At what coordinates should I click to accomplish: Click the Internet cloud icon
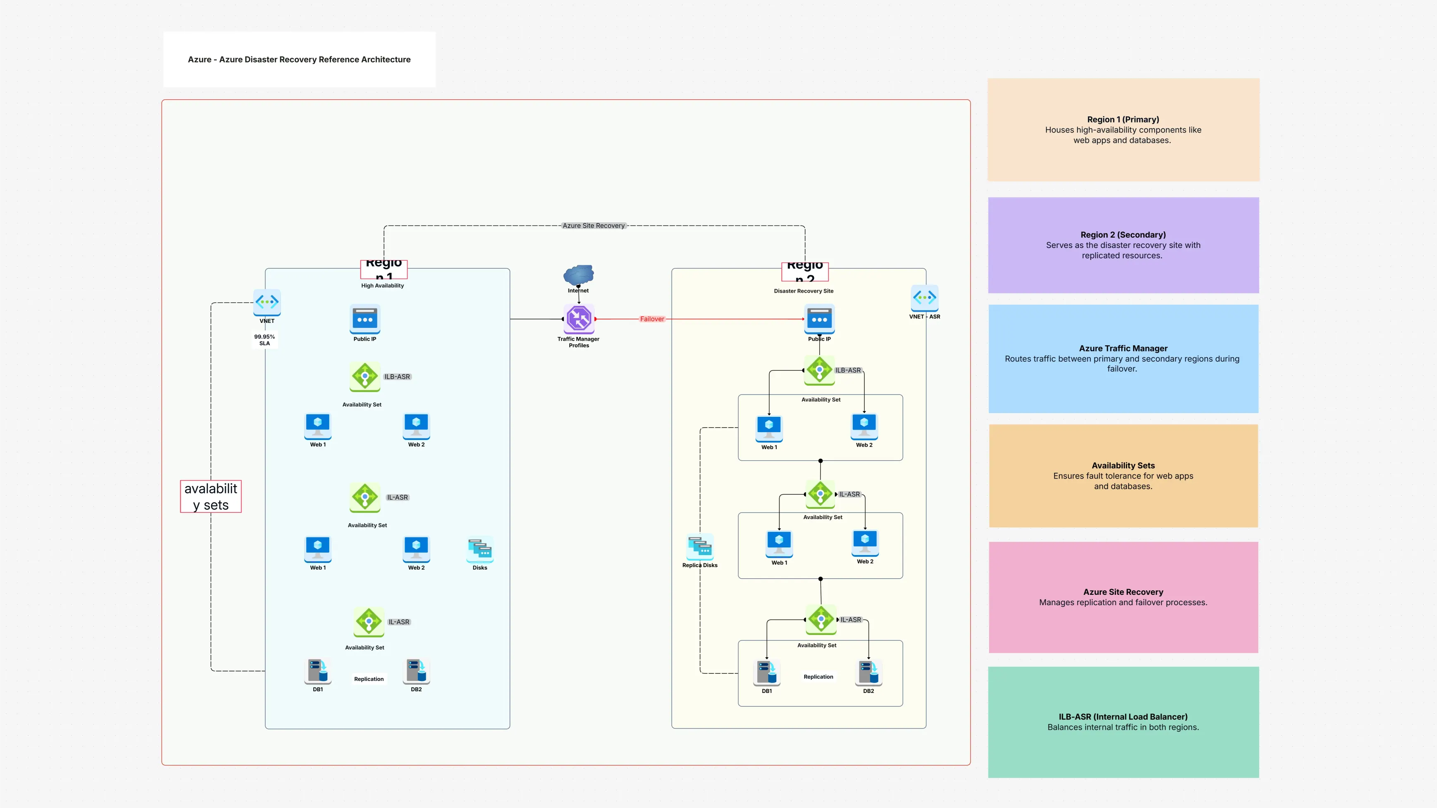coord(578,274)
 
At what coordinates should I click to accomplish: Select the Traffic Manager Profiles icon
coord(578,319)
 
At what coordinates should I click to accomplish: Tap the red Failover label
coord(652,319)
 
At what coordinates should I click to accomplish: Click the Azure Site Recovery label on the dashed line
coord(593,226)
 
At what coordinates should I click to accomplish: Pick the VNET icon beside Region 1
coord(266,302)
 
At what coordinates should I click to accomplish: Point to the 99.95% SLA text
coord(264,340)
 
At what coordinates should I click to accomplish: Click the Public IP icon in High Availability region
coord(365,319)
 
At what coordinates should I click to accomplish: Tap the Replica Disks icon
coord(700,546)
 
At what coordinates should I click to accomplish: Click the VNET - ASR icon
coord(924,298)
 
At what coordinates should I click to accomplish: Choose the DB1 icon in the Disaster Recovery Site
coord(766,672)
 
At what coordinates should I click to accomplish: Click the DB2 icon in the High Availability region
coord(416,670)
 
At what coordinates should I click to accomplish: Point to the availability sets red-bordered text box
coord(211,496)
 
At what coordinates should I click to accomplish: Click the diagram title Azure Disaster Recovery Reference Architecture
coord(299,59)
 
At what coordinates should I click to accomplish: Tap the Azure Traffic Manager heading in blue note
coord(1123,348)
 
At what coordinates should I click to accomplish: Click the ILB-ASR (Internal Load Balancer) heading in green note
coord(1123,717)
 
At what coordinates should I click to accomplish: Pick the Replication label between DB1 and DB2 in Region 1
coord(369,679)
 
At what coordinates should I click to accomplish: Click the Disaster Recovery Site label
coord(803,291)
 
